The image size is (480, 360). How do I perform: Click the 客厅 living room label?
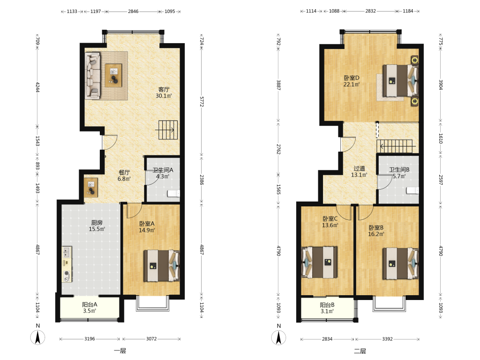pyautogui.click(x=164, y=89)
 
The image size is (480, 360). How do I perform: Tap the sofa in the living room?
pyautogui.click(x=93, y=76)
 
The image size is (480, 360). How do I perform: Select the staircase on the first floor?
pyautogui.click(x=168, y=130)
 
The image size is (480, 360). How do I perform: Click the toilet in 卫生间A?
pyautogui.click(x=174, y=193)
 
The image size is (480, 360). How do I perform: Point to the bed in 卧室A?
pyautogui.click(x=162, y=266)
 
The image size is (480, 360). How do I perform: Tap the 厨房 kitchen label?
pyautogui.click(x=97, y=223)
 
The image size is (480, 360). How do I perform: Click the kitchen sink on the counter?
pyautogui.click(x=66, y=252)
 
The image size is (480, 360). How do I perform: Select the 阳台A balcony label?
pyautogui.click(x=90, y=305)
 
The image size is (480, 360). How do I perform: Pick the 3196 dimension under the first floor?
pyautogui.click(x=90, y=339)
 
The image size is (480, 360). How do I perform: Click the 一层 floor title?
pyautogui.click(x=120, y=351)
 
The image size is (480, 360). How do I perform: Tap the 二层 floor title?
pyautogui.click(x=360, y=351)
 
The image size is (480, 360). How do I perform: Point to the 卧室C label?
pyautogui.click(x=330, y=218)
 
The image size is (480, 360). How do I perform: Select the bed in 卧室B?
pyautogui.click(x=400, y=263)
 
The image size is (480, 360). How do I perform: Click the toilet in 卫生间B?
pyautogui.click(x=412, y=191)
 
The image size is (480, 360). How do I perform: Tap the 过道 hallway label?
pyautogui.click(x=359, y=168)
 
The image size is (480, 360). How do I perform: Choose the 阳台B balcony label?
pyautogui.click(x=327, y=305)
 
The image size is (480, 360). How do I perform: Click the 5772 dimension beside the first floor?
pyautogui.click(x=202, y=102)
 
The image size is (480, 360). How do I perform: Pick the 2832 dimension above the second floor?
pyautogui.click(x=371, y=11)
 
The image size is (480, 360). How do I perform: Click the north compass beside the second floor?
pyautogui.click(x=278, y=337)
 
